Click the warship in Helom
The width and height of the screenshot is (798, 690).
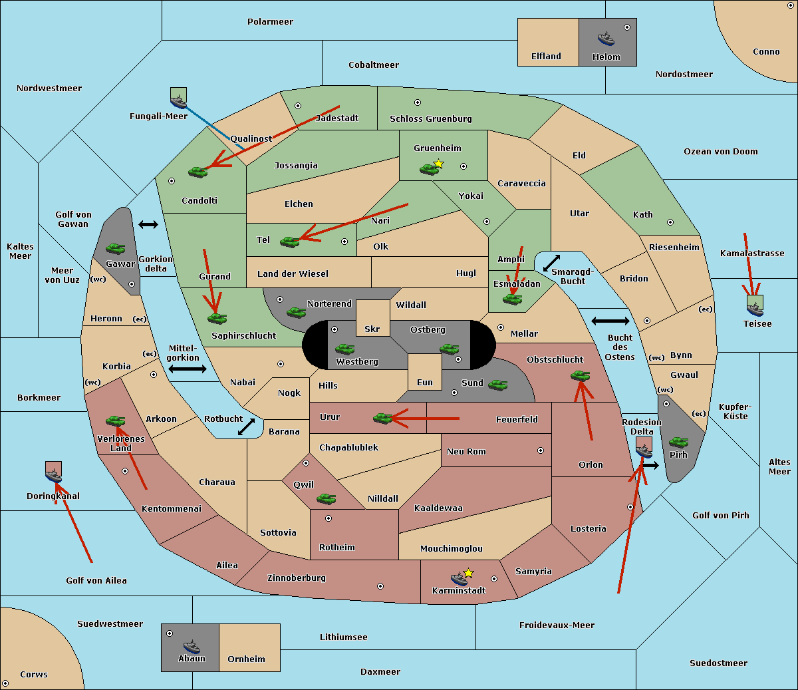click(606, 39)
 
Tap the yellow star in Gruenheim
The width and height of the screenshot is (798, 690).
click(439, 164)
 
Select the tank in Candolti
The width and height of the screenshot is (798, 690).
click(198, 172)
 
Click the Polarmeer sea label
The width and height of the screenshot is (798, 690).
click(270, 22)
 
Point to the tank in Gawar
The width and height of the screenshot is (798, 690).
click(115, 248)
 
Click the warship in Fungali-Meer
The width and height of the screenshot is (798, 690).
click(179, 102)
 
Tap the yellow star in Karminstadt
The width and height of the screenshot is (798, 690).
click(468, 573)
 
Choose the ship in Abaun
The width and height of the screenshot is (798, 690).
click(192, 646)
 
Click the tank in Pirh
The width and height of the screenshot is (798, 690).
click(678, 442)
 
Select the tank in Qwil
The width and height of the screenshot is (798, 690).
click(326, 498)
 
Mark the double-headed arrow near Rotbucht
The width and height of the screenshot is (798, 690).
click(246, 427)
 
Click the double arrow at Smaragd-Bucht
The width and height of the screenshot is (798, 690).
click(551, 263)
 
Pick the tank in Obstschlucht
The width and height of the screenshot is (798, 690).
click(581, 375)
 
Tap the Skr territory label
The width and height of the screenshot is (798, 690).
click(372, 329)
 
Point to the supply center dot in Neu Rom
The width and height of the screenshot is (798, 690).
click(541, 450)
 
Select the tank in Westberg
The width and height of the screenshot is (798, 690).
click(344, 349)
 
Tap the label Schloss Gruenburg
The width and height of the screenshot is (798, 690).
click(431, 118)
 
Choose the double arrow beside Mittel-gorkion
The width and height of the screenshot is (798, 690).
click(188, 369)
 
